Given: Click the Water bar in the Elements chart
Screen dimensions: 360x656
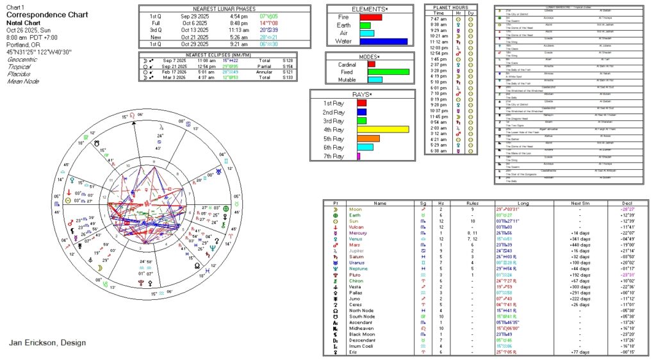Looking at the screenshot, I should click(382, 42).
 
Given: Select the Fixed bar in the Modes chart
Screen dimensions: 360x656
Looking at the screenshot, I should click(388, 72).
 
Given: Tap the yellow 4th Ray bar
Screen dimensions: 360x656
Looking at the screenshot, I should click(382, 129).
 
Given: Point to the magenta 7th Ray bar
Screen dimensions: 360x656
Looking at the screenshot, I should click(359, 156).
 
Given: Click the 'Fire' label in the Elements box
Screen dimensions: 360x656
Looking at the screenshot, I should click(343, 17).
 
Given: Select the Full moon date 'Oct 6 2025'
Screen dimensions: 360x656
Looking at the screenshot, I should click(194, 22).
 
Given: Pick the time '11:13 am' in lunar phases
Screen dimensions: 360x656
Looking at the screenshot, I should click(238, 29).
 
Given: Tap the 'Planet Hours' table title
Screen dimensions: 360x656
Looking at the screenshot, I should click(451, 7).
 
